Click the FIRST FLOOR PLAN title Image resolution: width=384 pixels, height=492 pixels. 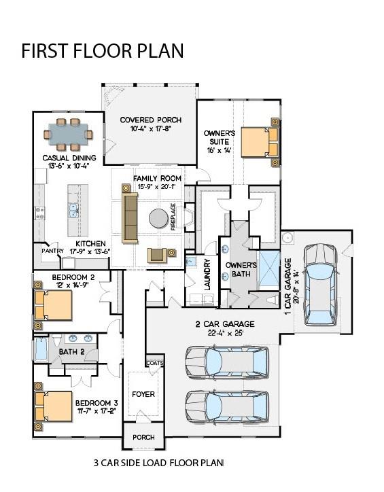(102, 52)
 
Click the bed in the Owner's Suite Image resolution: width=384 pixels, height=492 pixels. (260, 141)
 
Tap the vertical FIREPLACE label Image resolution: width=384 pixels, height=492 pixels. (174, 217)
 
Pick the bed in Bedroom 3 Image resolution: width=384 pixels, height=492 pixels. (50, 406)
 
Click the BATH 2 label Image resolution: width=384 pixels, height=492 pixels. (71, 351)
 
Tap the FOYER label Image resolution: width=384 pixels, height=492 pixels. (143, 394)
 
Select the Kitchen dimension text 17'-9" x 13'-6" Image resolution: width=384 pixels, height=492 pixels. (92, 251)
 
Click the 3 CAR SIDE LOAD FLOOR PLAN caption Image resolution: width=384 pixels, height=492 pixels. (158, 463)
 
